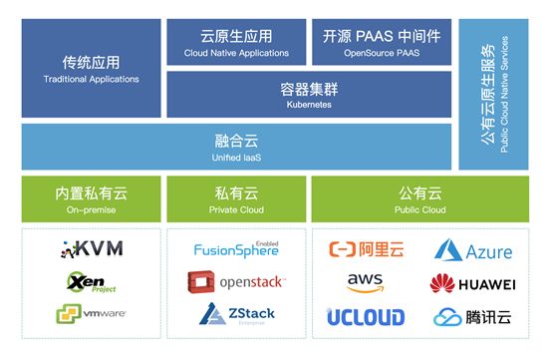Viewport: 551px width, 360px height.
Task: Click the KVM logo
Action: pos(92,249)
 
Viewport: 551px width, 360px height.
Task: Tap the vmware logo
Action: pos(90,315)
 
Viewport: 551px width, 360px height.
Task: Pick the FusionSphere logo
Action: pos(236,249)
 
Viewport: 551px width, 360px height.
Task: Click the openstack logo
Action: pos(236,282)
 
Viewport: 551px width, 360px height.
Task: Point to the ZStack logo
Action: pos(236,316)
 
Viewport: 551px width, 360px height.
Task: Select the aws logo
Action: pos(366,283)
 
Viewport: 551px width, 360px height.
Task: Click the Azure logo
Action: pos(473,250)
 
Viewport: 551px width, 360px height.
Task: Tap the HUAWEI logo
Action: pos(471,284)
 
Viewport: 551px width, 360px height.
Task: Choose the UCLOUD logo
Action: pos(366,317)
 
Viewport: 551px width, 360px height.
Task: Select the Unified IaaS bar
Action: pos(236,147)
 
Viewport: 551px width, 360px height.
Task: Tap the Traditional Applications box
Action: pos(92,68)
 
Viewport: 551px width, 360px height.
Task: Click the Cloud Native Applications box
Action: pos(236,42)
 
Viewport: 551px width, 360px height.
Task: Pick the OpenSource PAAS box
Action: pos(382,42)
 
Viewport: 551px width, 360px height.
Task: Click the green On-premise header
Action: pos(92,197)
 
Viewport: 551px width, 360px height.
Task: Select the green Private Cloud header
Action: pos(236,197)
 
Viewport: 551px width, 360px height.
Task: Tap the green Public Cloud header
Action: pos(420,197)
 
